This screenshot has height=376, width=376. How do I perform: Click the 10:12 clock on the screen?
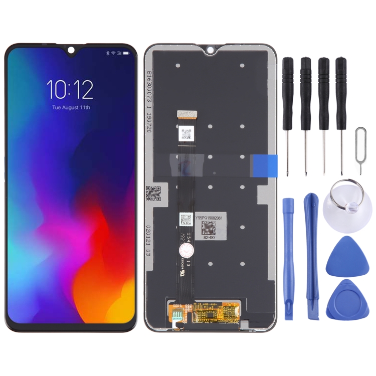click(70, 89)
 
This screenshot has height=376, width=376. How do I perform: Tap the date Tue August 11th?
click(71, 107)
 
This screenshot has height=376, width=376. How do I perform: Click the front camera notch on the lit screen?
click(71, 50)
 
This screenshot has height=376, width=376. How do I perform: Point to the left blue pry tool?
click(288, 256)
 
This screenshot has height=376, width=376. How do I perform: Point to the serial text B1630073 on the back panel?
click(148, 90)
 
